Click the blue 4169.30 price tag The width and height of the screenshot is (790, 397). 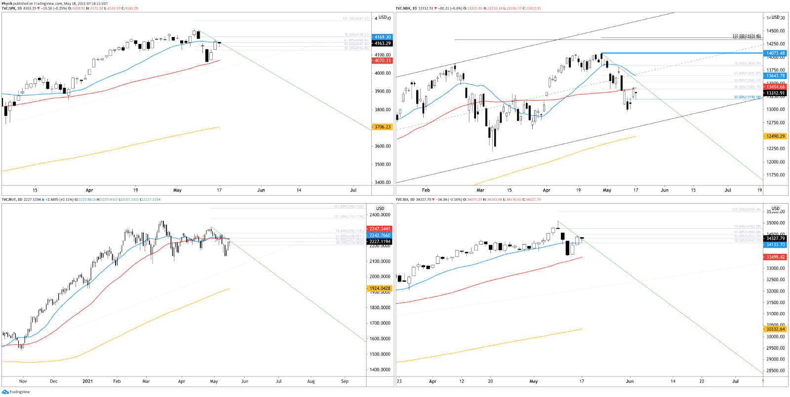(x=383, y=37)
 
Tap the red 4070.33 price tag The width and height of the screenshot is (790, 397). (x=382, y=61)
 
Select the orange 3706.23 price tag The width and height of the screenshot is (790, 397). (x=382, y=127)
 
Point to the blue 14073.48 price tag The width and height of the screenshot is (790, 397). (x=775, y=53)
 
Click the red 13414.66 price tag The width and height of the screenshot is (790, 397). (x=775, y=87)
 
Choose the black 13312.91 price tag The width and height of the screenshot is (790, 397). (x=775, y=93)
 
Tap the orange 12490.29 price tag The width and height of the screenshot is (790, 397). (x=775, y=136)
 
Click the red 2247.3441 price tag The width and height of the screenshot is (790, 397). (x=380, y=229)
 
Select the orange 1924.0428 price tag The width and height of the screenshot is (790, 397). (x=380, y=289)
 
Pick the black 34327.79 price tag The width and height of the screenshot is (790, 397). (x=775, y=238)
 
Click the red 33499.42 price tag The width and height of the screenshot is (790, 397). (x=775, y=257)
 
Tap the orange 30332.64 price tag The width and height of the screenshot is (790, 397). (x=775, y=329)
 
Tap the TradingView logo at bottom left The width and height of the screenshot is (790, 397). (x=16, y=392)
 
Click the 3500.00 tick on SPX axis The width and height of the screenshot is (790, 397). (x=383, y=165)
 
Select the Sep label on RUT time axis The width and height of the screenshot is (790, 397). (x=345, y=381)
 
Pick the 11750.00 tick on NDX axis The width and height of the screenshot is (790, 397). (x=775, y=175)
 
